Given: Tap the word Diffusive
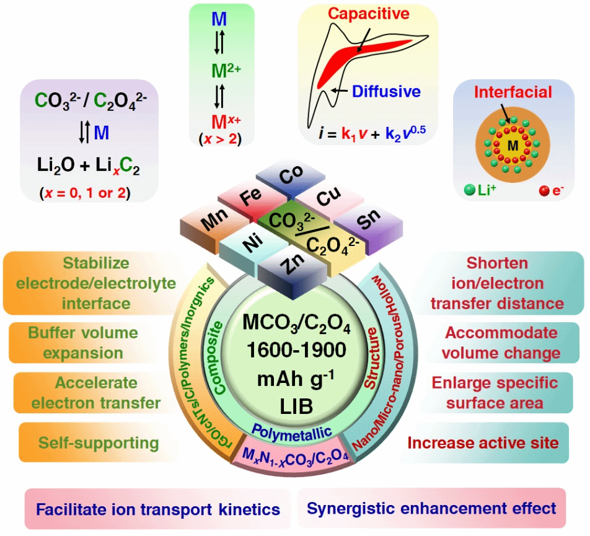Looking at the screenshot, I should pyautogui.click(x=387, y=92).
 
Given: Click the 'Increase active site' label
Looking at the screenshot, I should pyautogui.click(x=483, y=442).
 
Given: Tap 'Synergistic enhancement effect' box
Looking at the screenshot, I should pyautogui.click(x=431, y=509).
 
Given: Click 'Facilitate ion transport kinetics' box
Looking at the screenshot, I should pyautogui.click(x=158, y=509).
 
